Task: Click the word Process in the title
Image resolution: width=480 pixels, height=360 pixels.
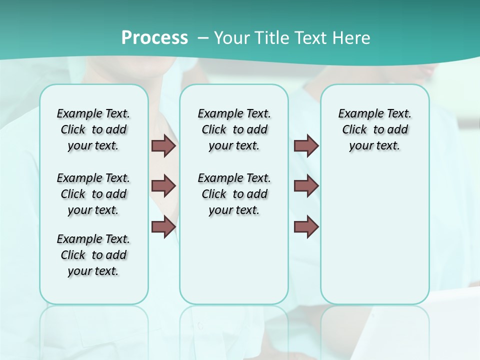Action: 154,38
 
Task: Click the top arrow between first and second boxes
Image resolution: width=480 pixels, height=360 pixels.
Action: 163,146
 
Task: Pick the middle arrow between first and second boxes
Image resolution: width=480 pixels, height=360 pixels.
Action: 163,186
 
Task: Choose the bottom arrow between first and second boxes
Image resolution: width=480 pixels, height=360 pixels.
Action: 163,227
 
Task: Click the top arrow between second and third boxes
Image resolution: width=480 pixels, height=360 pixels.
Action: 306,146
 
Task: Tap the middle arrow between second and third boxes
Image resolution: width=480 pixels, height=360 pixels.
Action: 306,186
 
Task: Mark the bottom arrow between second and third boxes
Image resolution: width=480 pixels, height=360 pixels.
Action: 306,227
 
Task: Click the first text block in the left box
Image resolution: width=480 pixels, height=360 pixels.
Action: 93,129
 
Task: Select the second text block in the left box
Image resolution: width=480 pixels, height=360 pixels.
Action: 93,194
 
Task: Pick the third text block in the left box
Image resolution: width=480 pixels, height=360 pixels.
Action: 93,255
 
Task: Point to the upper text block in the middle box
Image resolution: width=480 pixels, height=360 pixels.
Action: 234,129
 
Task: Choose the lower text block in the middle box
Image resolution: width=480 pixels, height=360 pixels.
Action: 234,194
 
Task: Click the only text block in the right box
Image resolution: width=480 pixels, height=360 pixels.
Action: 375,129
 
